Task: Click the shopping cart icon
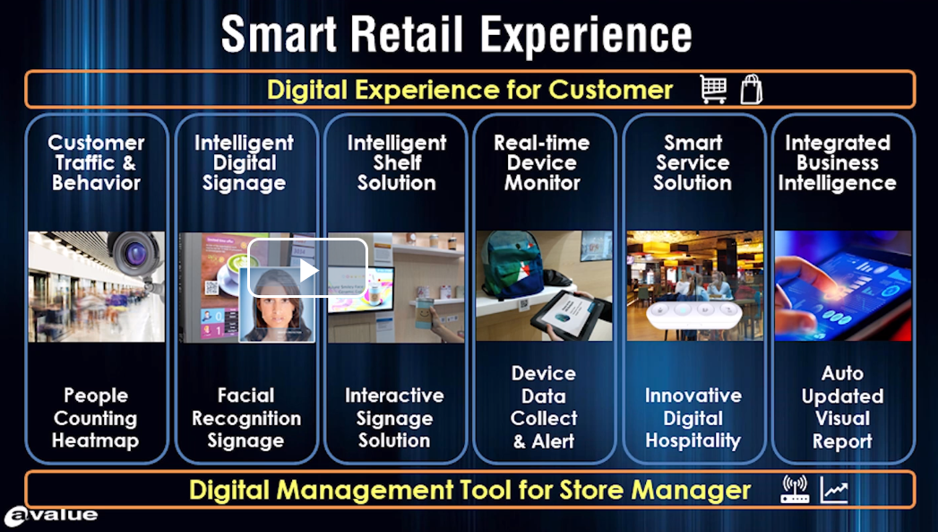coord(714,90)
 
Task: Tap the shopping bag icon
coord(751,90)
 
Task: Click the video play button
coord(308,270)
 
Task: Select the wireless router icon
coord(795,490)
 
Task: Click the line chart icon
coord(834,490)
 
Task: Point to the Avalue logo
coord(51,516)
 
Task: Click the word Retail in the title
coord(407,34)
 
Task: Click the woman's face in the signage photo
coord(278,301)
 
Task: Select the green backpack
coord(512,264)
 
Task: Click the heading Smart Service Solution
coord(693,162)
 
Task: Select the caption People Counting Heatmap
coord(96,417)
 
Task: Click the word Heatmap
coord(96,440)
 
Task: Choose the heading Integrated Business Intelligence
coord(838,162)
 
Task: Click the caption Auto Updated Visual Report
coord(842,406)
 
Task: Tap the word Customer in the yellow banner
coord(611,90)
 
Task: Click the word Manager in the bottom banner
coord(691,490)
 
